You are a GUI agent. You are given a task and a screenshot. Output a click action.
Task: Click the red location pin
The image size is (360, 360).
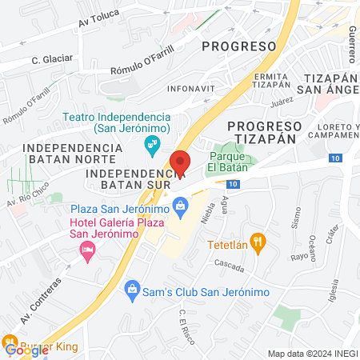181,162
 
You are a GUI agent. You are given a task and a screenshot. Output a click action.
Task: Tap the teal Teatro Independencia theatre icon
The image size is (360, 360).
150,145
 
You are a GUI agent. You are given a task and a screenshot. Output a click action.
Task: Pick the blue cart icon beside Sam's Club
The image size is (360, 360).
133,292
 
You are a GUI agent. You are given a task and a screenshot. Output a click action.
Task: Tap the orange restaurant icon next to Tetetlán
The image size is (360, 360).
258,241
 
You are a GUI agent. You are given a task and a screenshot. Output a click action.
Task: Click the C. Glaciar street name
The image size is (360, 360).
52,58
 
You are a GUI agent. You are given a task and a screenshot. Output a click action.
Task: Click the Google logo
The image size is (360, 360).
26,350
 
